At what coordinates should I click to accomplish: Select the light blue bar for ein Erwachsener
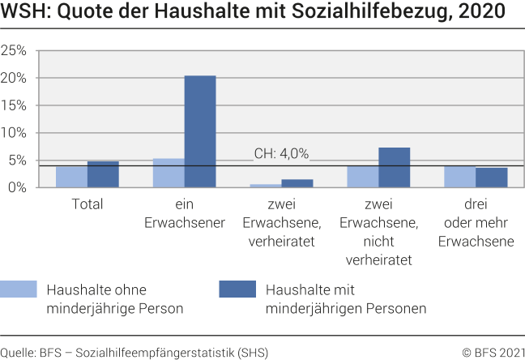(169, 173)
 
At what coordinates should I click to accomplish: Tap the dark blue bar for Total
(103, 174)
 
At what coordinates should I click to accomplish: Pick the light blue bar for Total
(71, 177)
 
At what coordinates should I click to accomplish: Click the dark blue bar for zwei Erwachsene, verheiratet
(297, 183)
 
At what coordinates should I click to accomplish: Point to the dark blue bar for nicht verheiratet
(395, 167)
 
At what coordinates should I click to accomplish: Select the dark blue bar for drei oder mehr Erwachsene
(492, 178)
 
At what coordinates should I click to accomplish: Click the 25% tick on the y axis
(15, 50)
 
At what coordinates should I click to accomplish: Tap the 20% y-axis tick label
(15, 78)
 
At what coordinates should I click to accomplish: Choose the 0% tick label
(18, 187)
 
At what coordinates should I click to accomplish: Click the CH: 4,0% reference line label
(281, 154)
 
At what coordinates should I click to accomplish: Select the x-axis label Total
(87, 204)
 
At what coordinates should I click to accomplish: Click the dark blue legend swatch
(237, 289)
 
